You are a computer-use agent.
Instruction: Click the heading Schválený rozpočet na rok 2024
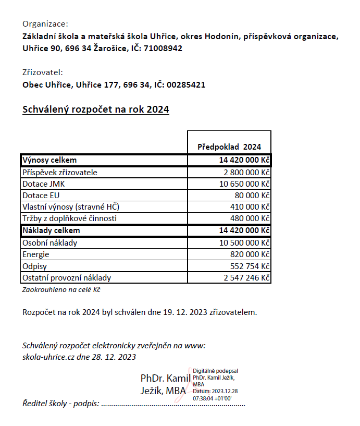tap(96, 110)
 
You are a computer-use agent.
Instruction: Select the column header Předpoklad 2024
tap(229, 147)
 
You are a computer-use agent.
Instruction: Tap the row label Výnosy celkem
tap(49, 160)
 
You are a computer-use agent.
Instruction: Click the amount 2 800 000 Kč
tap(246, 173)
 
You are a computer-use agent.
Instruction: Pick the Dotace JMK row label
tap(44, 184)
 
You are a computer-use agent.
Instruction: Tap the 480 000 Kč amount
tap(250, 218)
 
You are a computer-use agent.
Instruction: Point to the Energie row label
tap(36, 254)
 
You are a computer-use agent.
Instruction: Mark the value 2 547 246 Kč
tap(246, 278)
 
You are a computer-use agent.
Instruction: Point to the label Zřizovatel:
tap(43, 72)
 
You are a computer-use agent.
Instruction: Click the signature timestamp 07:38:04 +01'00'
tap(212, 398)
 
